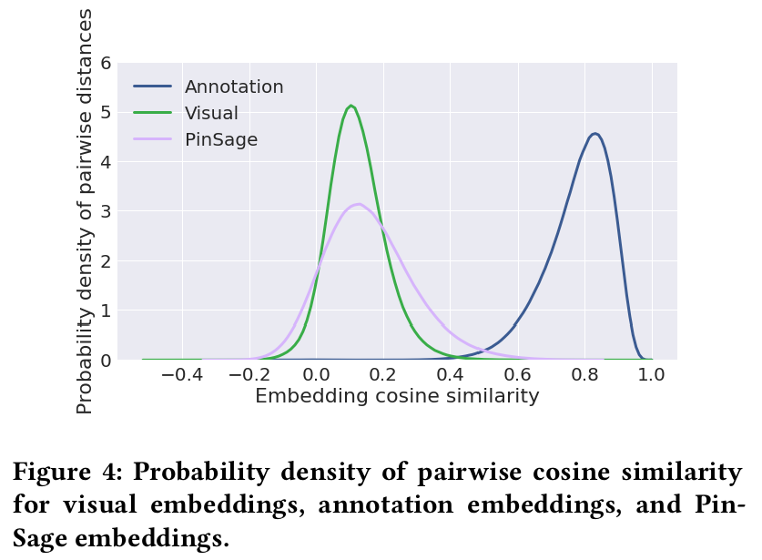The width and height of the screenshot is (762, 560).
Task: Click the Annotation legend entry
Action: [234, 87]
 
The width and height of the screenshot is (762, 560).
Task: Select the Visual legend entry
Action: [211, 114]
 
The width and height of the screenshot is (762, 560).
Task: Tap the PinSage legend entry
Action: [221, 140]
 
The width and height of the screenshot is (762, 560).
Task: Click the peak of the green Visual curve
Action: [351, 106]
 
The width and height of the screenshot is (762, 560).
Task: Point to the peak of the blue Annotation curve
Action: [594, 134]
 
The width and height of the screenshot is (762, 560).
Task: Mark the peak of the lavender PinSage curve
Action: [359, 204]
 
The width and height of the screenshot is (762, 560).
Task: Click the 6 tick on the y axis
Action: [106, 64]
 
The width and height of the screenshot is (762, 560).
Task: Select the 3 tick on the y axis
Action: [106, 212]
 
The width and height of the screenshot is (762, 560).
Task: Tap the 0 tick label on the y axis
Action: [106, 361]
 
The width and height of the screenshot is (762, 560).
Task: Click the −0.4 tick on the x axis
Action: [182, 375]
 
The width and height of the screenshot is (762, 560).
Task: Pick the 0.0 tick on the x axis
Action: [316, 375]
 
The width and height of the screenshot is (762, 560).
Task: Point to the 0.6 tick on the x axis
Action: [518, 375]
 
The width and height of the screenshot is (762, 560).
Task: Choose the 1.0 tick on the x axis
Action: [652, 375]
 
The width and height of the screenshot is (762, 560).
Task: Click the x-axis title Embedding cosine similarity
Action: [397, 396]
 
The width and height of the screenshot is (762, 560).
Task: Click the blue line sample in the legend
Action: [153, 87]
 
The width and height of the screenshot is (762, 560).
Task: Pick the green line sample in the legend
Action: [153, 114]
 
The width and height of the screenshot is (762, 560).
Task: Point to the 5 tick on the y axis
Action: [106, 113]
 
